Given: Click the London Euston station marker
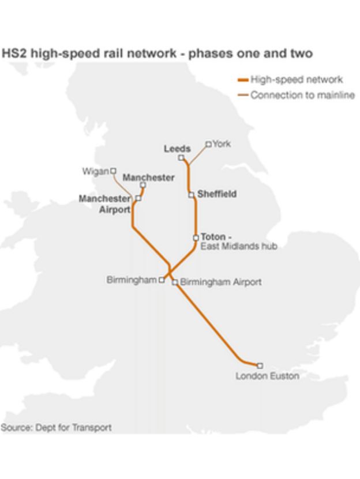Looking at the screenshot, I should tap(260, 365).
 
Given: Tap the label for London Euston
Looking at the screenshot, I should tap(267, 376).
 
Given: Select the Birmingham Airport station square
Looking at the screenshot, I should tap(175, 282).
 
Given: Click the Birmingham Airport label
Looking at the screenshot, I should tap(221, 282).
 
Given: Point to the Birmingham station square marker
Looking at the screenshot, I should tap(162, 280).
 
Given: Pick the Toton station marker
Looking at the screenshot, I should tap(196, 237).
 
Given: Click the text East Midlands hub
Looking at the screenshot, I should tap(238, 247).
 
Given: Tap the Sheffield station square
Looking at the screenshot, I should tap(191, 195).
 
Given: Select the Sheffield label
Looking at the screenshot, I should tap(217, 194).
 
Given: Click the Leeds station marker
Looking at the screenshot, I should tap(181, 157).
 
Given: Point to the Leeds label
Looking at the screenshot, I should tap(177, 148).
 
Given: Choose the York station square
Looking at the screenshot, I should tap(208, 144).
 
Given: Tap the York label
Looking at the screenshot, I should tap(222, 144).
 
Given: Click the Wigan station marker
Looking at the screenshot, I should tap(113, 171).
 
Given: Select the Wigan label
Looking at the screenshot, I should tap(95, 171).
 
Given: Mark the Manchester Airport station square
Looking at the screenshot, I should tap(138, 198).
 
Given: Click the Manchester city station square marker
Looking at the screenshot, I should tap(142, 185).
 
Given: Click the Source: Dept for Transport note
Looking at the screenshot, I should tap(56, 428).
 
